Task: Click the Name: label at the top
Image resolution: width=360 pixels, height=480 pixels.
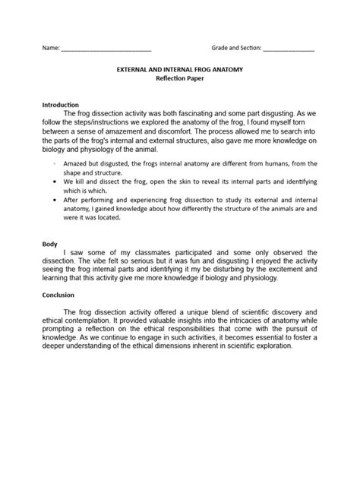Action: point(50,47)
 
